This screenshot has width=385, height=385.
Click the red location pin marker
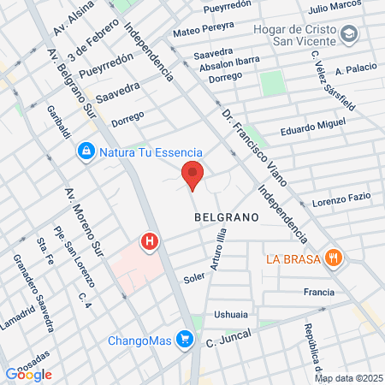coord(192,175)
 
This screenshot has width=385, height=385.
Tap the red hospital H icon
coord(151,243)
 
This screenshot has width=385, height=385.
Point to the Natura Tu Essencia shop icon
coord(86,152)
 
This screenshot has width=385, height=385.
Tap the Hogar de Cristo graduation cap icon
coord(349,33)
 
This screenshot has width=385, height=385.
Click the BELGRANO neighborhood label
coord(227,217)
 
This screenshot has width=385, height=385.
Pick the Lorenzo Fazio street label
coord(341,200)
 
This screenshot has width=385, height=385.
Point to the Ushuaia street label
coord(232,314)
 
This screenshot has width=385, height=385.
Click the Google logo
coord(28,374)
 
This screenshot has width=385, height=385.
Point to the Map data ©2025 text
coord(347,378)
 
